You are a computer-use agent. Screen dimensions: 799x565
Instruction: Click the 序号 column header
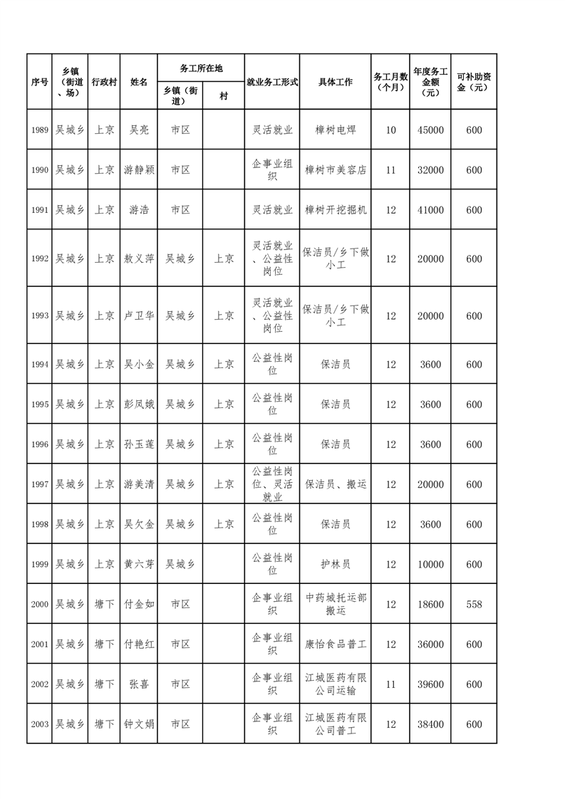39,82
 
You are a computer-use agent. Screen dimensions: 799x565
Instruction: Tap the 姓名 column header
139,82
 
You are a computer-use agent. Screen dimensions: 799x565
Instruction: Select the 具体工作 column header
335,82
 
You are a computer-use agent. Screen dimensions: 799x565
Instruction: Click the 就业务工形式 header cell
271,82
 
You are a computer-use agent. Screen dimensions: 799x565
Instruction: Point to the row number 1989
39,130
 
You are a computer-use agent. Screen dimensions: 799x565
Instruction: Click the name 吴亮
139,130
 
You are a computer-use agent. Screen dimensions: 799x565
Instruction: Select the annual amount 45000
430,130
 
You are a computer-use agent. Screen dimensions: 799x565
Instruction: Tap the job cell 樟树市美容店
335,170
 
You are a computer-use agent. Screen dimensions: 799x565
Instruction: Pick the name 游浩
139,210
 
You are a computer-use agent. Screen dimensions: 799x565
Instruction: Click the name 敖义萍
139,258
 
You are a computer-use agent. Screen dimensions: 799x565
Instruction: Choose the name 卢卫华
139,315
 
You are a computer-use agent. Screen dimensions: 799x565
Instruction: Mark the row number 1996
39,444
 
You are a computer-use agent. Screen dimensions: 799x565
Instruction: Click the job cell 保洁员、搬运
335,484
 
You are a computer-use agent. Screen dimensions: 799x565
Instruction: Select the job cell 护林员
335,564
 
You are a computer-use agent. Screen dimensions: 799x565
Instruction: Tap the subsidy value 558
474,605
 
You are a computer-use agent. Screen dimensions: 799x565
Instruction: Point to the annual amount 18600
430,605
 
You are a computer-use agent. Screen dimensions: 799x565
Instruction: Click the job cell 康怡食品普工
335,644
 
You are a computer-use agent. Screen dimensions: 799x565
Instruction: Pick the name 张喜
139,684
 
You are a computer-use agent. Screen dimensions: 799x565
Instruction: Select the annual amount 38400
430,724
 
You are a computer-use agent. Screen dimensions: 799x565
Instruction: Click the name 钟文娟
139,724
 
